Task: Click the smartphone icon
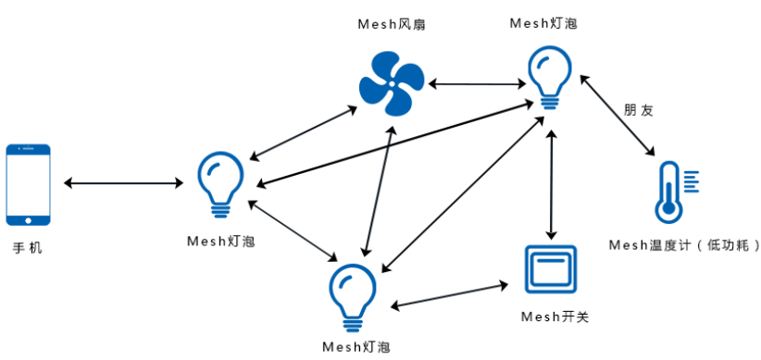coord(28,184)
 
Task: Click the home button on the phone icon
coord(28,219)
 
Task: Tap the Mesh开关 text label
coord(555,317)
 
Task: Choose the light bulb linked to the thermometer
coord(550,80)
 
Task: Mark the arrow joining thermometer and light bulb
coord(618,115)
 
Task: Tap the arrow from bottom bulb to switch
coord(451,294)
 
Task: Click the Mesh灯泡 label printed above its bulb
coord(543,24)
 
